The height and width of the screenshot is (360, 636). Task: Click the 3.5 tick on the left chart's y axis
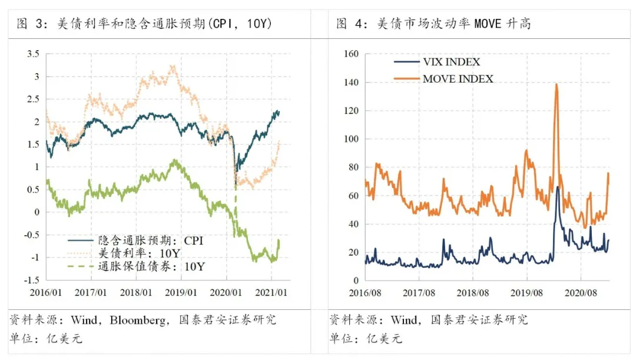pos(33,54)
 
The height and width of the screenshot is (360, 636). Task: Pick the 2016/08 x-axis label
pos(365,292)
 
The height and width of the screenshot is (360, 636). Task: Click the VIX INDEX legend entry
pos(451,62)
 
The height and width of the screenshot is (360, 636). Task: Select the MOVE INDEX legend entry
pos(458,78)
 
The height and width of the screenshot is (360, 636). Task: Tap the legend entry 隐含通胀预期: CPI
pos(150,240)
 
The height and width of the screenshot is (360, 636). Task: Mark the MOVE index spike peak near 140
pos(556,84)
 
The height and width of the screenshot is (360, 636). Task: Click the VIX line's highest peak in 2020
pos(558,187)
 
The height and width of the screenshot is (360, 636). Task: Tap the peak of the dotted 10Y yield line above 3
pos(173,67)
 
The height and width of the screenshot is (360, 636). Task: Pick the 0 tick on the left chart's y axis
pos(37,212)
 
